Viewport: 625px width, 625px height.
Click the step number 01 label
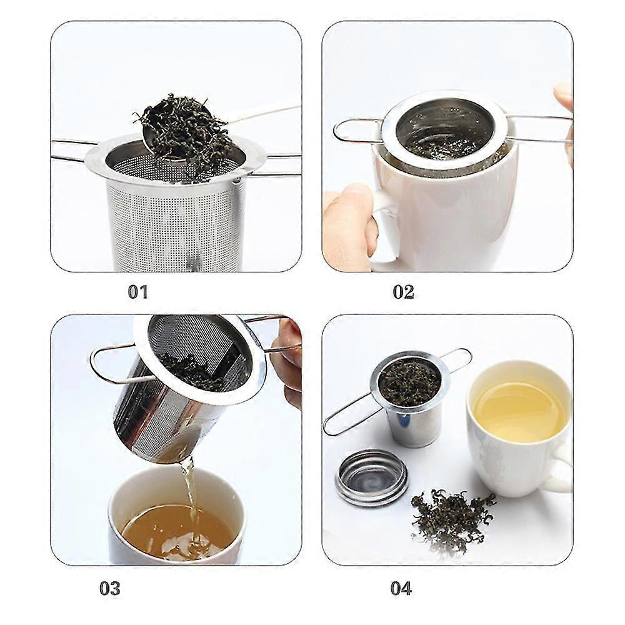coord(137,292)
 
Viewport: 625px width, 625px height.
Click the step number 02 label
coord(403,292)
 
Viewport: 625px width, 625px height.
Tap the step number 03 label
coord(109,588)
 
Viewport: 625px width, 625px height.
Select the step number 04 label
coord(401,588)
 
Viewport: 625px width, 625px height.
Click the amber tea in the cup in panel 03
coord(162,531)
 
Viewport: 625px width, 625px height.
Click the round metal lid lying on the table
coord(371,476)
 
